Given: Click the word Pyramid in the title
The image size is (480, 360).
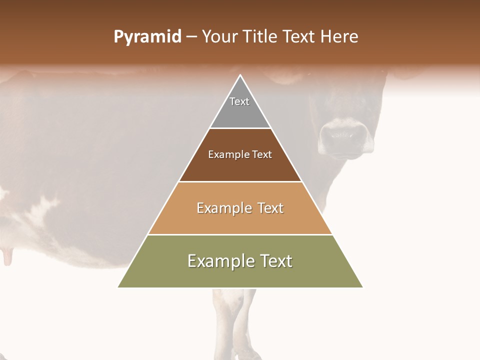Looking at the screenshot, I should click(147, 37).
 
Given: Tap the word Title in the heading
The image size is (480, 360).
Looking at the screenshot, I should click(261, 37).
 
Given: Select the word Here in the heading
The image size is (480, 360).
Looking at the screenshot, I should click(339, 37).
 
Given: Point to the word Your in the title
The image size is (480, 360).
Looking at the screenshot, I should click(220, 37).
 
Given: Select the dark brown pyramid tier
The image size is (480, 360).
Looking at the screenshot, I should click(240, 167).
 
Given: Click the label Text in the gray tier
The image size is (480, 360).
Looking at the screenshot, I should click(239, 101).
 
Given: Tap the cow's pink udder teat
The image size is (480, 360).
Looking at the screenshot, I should click(7, 257).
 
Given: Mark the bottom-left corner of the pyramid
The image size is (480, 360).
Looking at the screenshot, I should click(118, 287).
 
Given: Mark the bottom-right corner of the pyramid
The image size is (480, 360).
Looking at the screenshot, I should click(362, 287).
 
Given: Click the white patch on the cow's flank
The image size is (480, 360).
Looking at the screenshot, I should click(42, 210).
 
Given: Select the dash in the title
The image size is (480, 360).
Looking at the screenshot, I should click(192, 37).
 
